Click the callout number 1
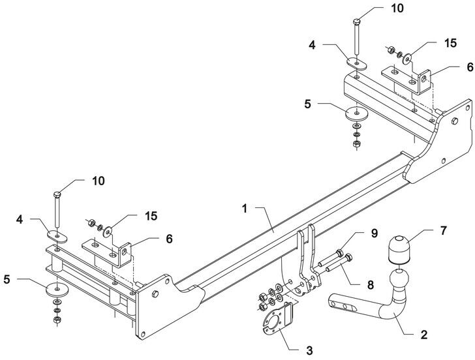(x=245, y=209)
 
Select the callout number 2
(x=424, y=335)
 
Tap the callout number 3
(x=309, y=350)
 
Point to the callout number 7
(x=443, y=230)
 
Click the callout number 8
(x=370, y=284)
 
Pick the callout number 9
(x=375, y=233)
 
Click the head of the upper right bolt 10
(x=357, y=22)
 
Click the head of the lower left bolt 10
(x=57, y=194)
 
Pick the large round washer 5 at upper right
(x=357, y=114)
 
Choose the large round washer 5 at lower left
(x=57, y=290)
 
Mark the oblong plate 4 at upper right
(x=356, y=64)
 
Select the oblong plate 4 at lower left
(x=57, y=236)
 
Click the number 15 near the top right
(x=450, y=43)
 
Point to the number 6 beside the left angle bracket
(x=170, y=239)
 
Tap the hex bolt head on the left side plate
(x=155, y=293)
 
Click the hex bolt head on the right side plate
(x=454, y=121)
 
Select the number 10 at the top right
(x=397, y=8)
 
